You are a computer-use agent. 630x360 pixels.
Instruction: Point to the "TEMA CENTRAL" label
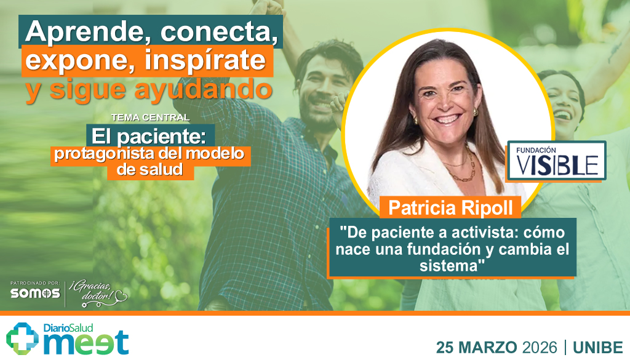(x=150, y=117)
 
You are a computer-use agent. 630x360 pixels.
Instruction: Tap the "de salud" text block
(x=151, y=170)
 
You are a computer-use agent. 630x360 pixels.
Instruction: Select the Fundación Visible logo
(x=556, y=161)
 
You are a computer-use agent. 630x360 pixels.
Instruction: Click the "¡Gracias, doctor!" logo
(x=98, y=290)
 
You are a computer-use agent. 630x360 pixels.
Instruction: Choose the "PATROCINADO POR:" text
(x=34, y=282)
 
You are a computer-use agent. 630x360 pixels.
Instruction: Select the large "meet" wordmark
(x=86, y=342)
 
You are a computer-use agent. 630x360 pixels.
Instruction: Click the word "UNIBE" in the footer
(x=597, y=346)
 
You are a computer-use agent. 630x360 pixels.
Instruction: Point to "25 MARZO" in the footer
(x=476, y=346)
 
